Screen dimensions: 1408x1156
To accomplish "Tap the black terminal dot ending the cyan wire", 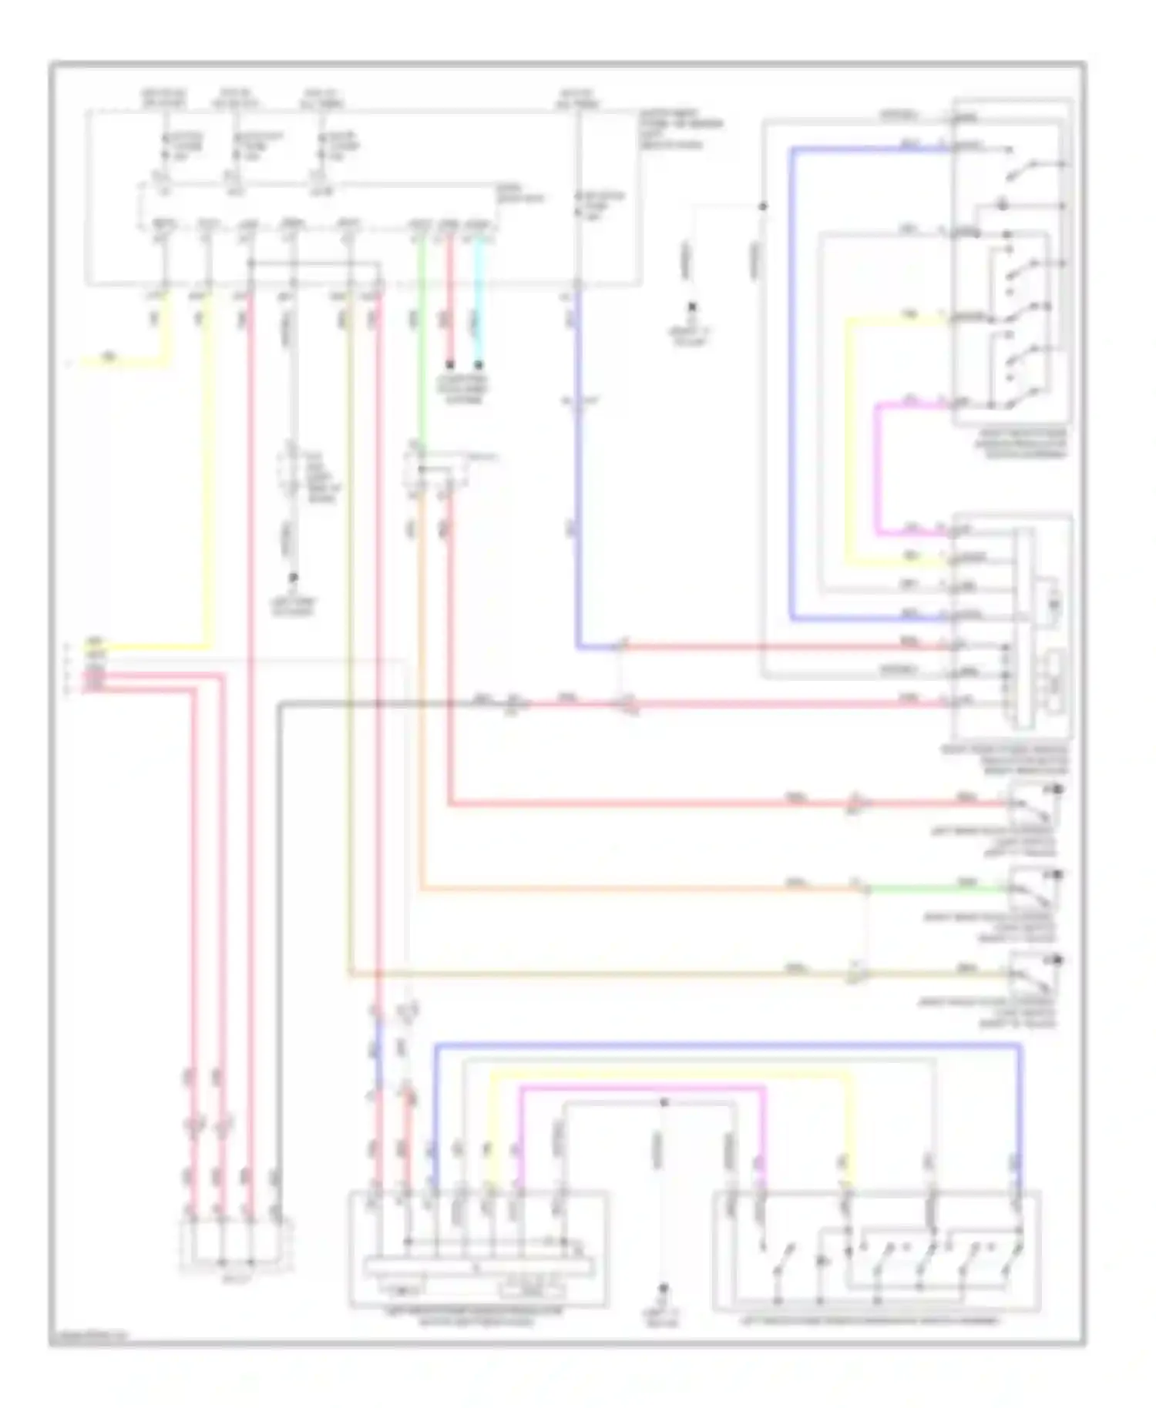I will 479,364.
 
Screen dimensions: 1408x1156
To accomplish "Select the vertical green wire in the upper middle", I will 421,347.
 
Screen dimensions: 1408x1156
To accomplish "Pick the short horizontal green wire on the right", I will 936,890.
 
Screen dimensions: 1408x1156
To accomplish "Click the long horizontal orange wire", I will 640,890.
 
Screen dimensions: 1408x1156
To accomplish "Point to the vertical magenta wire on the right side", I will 876,470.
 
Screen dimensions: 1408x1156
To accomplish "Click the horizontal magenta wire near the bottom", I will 640,1087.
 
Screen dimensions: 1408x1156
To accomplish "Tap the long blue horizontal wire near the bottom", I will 724,1045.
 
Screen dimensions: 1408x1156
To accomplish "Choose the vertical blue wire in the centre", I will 577,462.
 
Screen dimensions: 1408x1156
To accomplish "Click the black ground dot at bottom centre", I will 664,1287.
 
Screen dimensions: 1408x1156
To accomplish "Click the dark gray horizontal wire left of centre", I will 378,702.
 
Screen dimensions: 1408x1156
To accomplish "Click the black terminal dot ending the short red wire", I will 450,364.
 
